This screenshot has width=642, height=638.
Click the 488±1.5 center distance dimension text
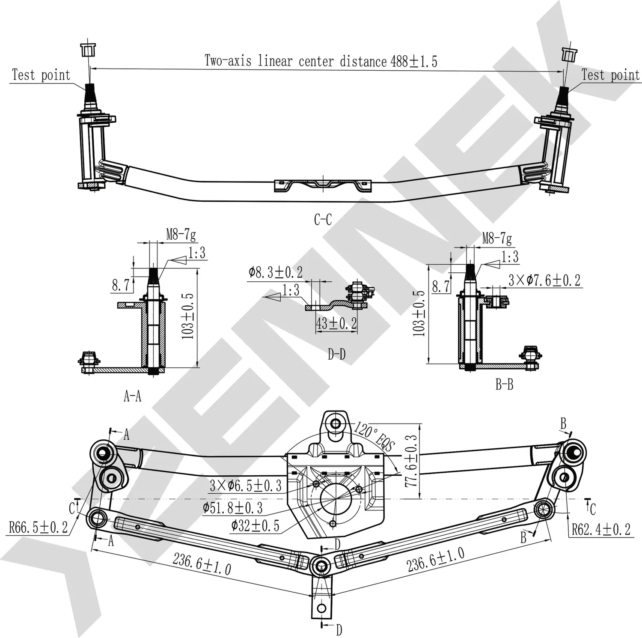point(413,61)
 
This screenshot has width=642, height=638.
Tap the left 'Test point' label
point(41,75)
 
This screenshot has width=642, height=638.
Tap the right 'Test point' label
point(610,75)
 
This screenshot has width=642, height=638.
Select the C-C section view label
point(323,220)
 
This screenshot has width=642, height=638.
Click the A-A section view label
point(132,397)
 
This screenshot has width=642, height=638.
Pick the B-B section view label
point(504,385)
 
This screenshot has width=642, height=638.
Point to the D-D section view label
point(336,354)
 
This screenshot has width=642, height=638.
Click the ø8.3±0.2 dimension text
point(276,272)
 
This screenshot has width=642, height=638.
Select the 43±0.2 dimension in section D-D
point(336,323)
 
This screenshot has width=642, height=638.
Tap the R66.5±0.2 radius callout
point(39,527)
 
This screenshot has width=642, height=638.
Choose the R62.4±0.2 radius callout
point(601,529)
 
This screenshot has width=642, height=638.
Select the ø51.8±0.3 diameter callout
point(239,508)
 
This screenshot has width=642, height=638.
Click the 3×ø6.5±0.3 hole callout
point(246,486)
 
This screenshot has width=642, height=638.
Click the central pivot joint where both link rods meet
point(321,566)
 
